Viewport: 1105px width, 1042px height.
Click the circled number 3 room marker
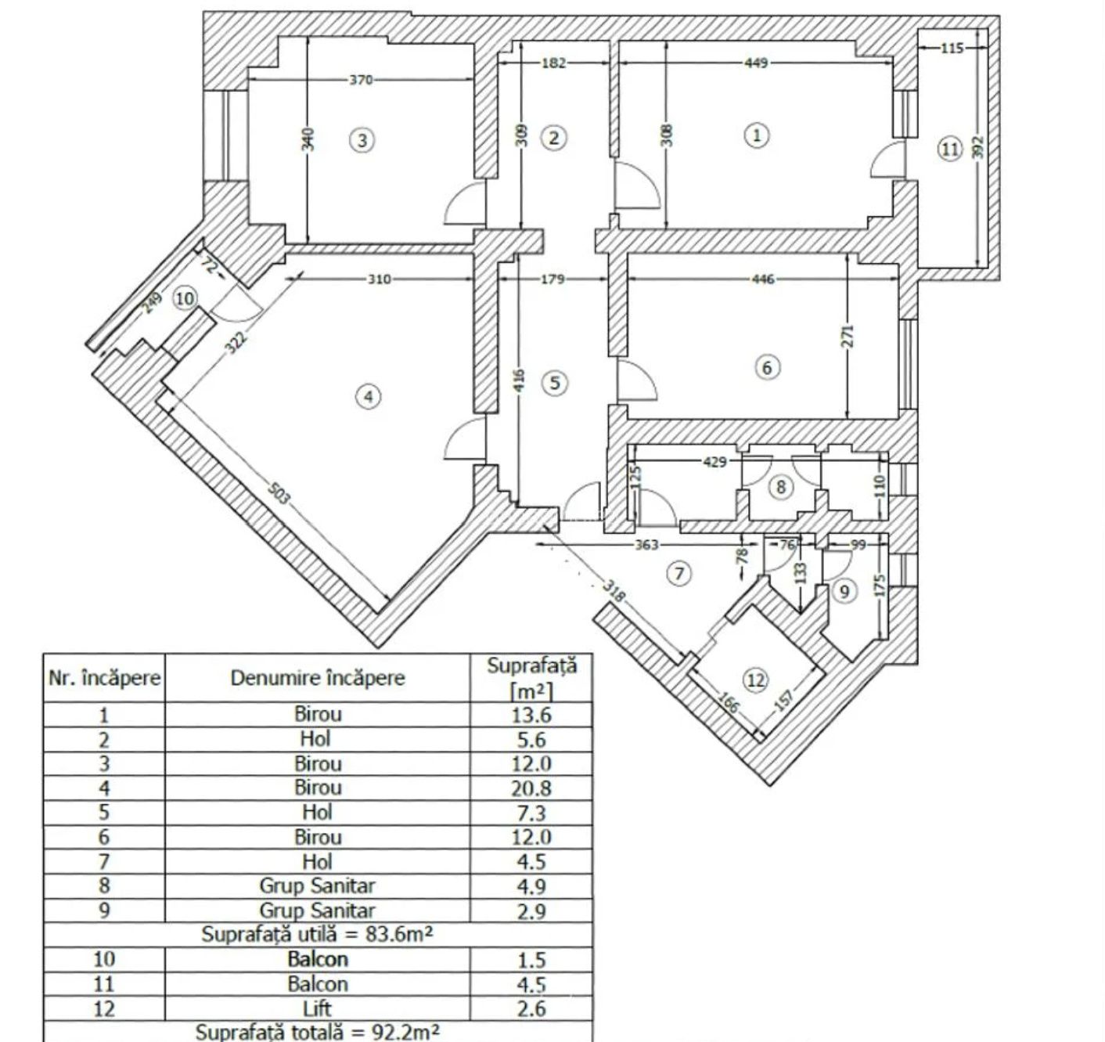coord(362,139)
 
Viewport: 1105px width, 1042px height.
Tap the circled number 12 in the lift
coord(756,680)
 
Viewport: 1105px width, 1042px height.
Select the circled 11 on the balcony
coord(949,150)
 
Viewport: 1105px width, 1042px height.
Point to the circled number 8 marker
coord(780,487)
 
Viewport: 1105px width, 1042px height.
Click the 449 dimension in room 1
coord(756,63)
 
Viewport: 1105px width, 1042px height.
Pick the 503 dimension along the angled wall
coord(279,494)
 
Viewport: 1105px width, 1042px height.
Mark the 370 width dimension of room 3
coord(361,80)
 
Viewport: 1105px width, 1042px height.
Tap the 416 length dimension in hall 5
coord(519,380)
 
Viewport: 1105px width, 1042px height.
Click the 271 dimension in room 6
coord(848,336)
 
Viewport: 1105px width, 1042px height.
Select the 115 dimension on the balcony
coord(952,49)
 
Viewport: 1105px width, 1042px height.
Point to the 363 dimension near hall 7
coord(646,544)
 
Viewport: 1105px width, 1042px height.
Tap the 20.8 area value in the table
coord(531,788)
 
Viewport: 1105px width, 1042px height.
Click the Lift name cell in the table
coord(318,1008)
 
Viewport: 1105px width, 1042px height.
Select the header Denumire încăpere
coord(318,678)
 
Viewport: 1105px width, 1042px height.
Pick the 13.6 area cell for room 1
coord(531,715)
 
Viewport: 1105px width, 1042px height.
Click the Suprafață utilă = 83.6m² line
coord(317,934)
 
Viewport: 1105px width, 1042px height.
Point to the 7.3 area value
coord(531,813)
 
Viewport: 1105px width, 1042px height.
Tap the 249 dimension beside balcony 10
coord(151,303)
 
